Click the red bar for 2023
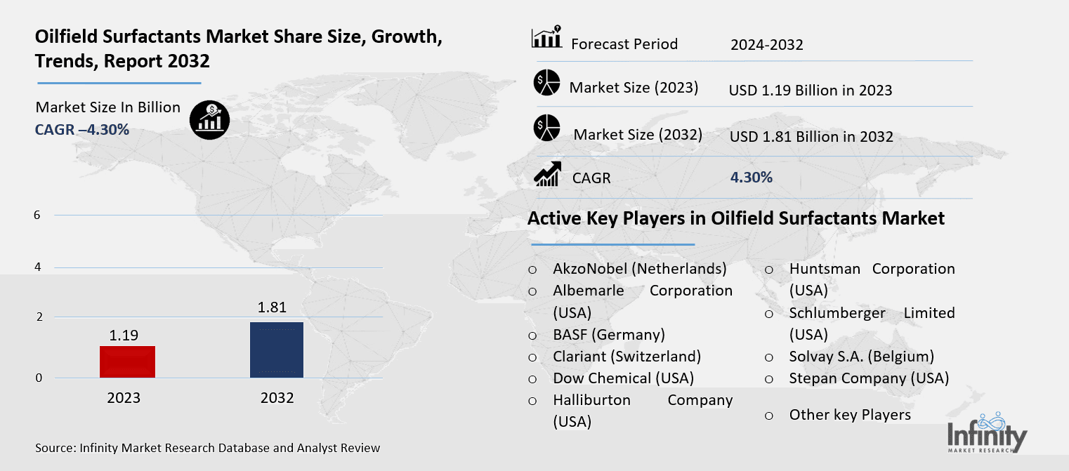127,361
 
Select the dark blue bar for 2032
277,350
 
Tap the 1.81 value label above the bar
272,307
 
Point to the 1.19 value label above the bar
123,335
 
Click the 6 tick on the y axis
37,215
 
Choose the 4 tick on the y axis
37,267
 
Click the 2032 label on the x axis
277,398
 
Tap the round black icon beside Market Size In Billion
209,120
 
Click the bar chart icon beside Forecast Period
546,38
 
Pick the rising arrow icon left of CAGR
546,174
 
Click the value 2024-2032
766,45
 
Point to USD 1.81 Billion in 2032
811,136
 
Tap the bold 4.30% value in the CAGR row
752,178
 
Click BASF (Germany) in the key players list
608,335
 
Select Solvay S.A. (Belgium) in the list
861,357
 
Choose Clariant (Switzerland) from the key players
627,357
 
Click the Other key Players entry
850,415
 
